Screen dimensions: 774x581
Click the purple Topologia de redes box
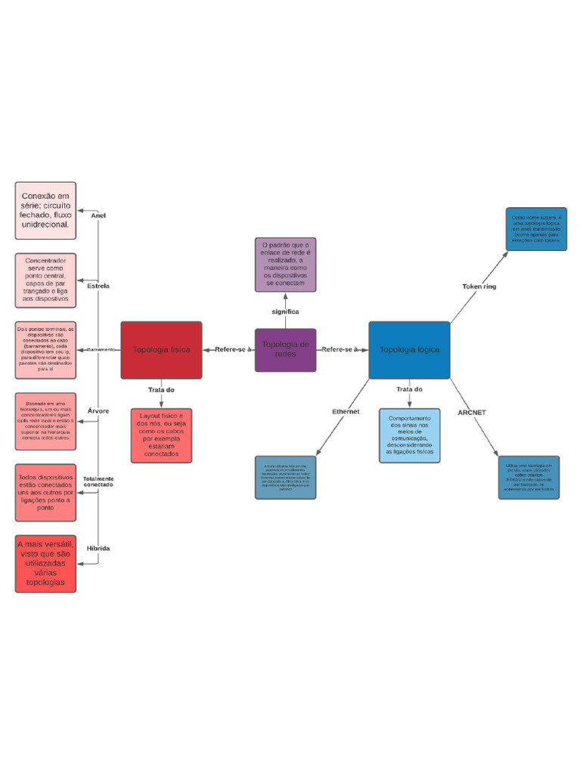pyautogui.click(x=285, y=350)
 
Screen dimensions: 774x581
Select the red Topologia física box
pyautogui.click(x=161, y=350)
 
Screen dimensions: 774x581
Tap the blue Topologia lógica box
pyautogui.click(x=409, y=350)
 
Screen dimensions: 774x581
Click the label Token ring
pyautogui.click(x=479, y=286)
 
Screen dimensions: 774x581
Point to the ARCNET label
pyautogui.click(x=472, y=412)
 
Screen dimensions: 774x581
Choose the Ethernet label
pyautogui.click(x=346, y=411)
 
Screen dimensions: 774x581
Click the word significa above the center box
pyautogui.click(x=285, y=311)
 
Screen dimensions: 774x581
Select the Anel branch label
pyautogui.click(x=98, y=215)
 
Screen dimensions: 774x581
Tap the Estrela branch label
pyautogui.click(x=98, y=286)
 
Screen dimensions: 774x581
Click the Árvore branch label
pyautogui.click(x=98, y=410)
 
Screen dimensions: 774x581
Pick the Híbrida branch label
pyautogui.click(x=98, y=548)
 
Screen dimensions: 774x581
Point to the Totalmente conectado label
pyautogui.click(x=98, y=481)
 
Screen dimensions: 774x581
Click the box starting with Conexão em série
pyautogui.click(x=45, y=210)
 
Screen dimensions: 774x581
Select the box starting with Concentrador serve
pyautogui.click(x=45, y=280)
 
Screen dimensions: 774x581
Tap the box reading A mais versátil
pyautogui.click(x=45, y=564)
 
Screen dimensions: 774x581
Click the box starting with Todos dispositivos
pyautogui.click(x=45, y=493)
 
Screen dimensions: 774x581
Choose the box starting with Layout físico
pyautogui.click(x=161, y=435)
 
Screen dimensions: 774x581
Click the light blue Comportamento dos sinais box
pyautogui.click(x=409, y=435)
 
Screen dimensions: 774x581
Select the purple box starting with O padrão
pyautogui.click(x=285, y=265)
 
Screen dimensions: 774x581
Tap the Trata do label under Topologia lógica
pyautogui.click(x=409, y=389)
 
